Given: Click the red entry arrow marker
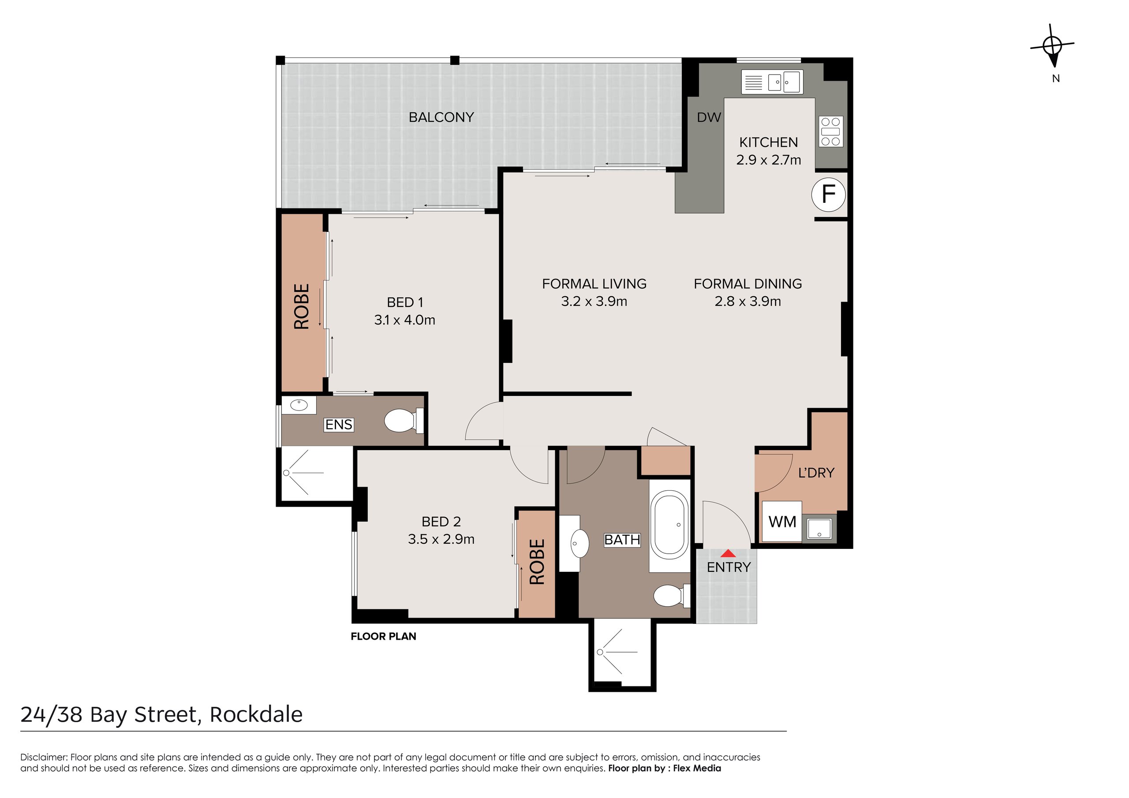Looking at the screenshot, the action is pos(728,553).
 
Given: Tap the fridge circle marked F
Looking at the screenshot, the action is pos(829,195).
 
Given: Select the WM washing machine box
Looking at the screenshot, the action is pos(782,521).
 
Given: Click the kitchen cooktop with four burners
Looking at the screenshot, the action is pos(830,131).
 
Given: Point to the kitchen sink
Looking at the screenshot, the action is pos(785,82).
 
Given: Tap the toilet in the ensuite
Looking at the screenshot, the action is pos(404,421).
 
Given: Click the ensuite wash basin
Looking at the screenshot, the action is pos(299,405).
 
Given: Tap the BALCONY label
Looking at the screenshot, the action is pos(441,117).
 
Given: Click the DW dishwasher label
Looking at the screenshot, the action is pos(709,117).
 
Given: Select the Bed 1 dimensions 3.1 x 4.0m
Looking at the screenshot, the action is pos(404,320).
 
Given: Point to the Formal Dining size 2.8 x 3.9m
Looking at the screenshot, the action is pos(748,302).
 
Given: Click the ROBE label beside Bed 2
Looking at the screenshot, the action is pos(537,562).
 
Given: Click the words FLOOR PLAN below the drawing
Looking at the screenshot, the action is pos(383,636).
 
